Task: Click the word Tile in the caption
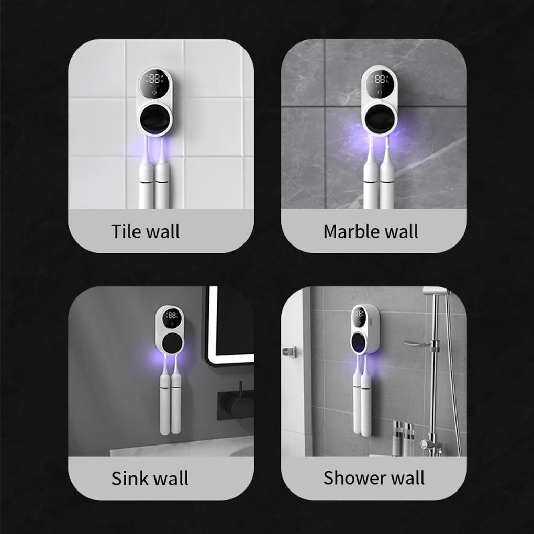click(x=124, y=231)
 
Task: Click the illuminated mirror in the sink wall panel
click(x=229, y=325)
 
